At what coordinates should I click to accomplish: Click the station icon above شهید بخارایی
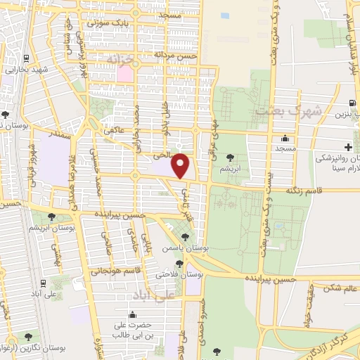pos(26,58)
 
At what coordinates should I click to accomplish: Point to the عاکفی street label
pos(113,130)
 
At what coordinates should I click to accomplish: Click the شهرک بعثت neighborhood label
pos(289,110)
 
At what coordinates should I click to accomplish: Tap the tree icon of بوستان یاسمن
pos(186,237)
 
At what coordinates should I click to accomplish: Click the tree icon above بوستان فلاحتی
pos(179,263)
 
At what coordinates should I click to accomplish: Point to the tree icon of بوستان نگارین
pos(27,336)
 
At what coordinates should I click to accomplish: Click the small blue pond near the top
pos(225,15)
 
